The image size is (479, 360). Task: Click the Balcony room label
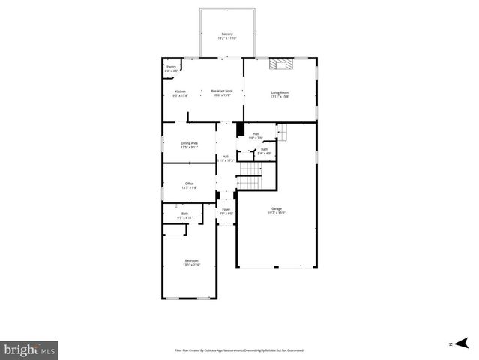(x=227, y=34)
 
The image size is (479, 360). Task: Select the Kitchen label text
(x=180, y=91)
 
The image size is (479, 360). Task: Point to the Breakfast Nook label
(x=222, y=91)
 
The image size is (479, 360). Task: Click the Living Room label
(x=280, y=91)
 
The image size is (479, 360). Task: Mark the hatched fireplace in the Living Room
(x=283, y=64)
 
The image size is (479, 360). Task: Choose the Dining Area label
(x=189, y=142)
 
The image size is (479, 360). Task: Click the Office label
(x=190, y=183)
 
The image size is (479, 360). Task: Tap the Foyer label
(x=226, y=209)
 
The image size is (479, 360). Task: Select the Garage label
(x=277, y=208)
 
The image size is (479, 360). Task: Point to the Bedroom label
(x=191, y=260)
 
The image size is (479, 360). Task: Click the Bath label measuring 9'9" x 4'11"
(x=184, y=214)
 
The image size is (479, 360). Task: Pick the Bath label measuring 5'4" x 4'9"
(x=264, y=149)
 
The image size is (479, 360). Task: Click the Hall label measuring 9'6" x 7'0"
(x=256, y=134)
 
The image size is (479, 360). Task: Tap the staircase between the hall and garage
(x=250, y=180)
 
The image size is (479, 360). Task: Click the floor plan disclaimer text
(x=239, y=349)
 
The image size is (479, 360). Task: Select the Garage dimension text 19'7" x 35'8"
(x=277, y=213)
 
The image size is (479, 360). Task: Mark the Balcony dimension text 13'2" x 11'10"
(x=227, y=38)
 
